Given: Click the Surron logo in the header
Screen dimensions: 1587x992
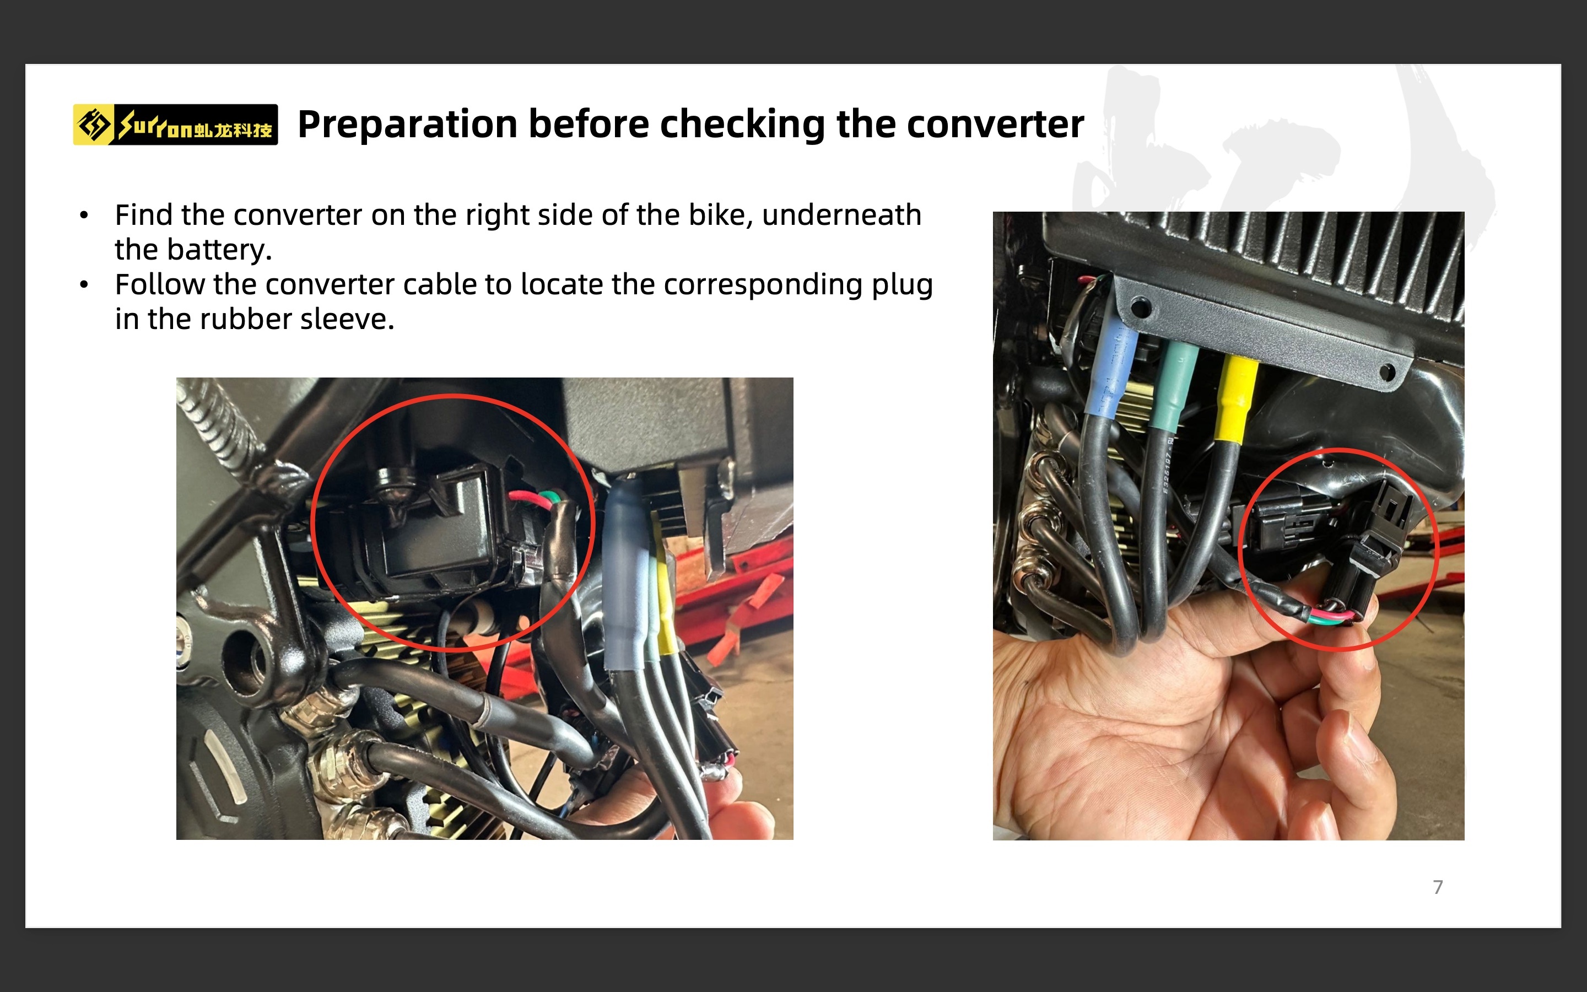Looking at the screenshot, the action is pos(175,125).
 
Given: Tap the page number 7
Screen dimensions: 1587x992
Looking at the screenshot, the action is pos(1438,887).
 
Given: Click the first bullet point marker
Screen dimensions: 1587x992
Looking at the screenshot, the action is pos(84,215).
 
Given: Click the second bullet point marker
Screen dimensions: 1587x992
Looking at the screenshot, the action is pos(84,285).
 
